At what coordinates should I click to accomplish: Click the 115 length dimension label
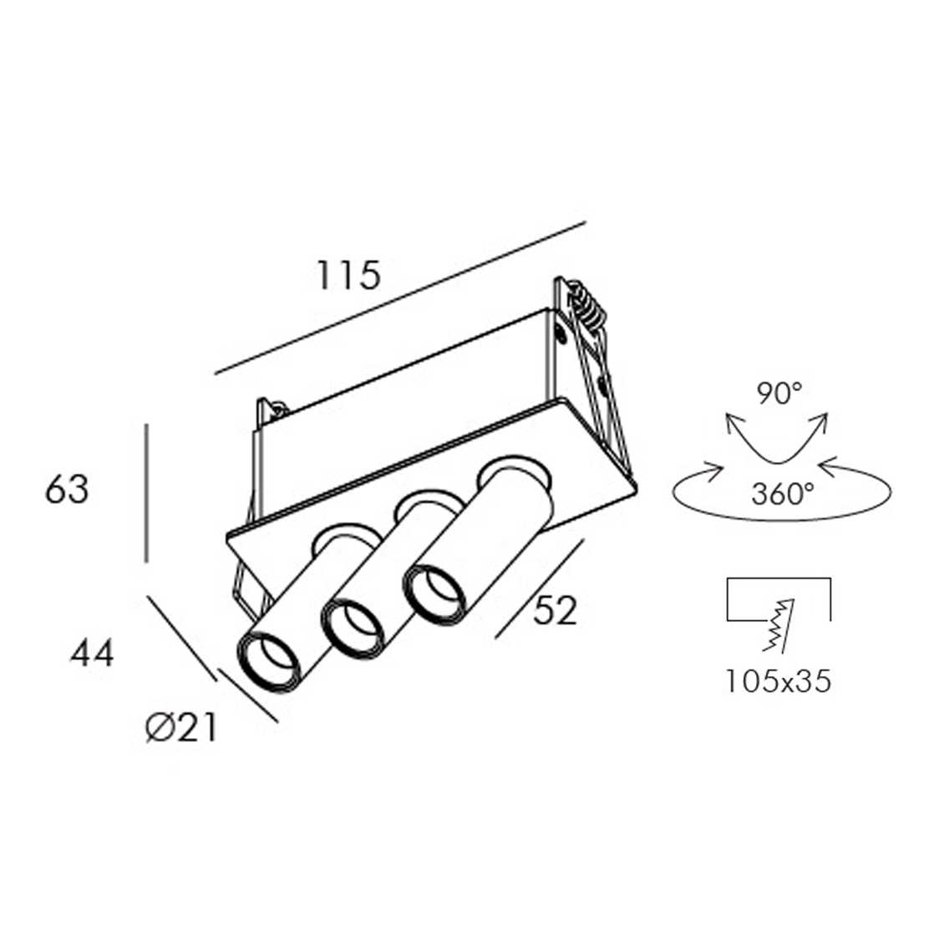coord(348,275)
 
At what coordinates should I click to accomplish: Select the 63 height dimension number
coord(67,491)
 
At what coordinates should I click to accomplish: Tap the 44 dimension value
coord(92,654)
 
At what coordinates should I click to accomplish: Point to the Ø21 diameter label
coord(180,729)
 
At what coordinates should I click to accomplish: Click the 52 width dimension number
coord(555,612)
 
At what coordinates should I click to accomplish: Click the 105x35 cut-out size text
coord(778,682)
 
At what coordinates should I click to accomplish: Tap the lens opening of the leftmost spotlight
coord(270,661)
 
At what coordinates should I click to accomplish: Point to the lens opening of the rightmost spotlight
coord(434,592)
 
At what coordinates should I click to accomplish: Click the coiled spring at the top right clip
coord(588,305)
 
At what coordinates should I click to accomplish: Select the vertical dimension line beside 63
coord(146,493)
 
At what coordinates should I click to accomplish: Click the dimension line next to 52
coord(538,588)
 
